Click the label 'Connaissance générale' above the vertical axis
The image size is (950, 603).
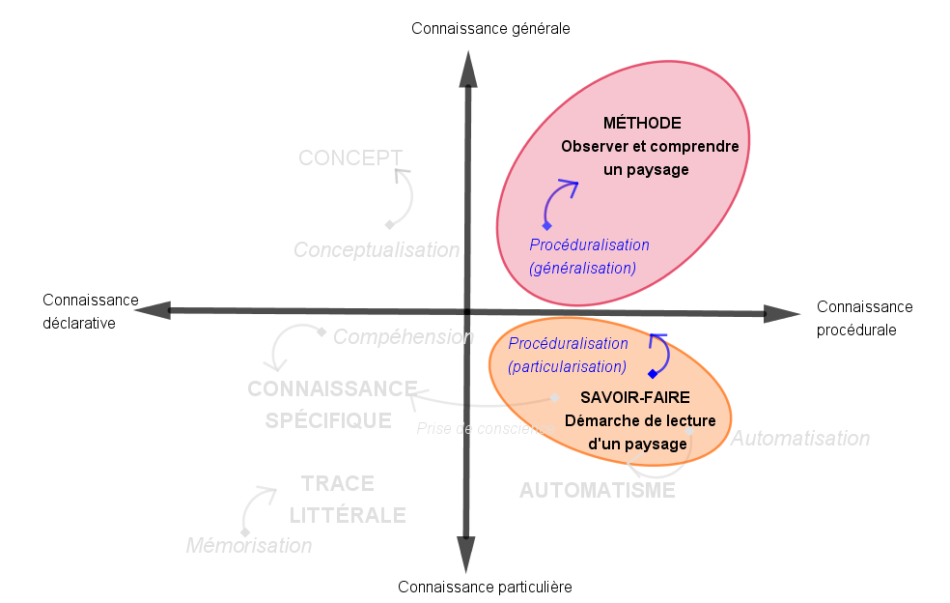[490, 28]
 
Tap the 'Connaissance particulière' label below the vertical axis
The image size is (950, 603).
[485, 587]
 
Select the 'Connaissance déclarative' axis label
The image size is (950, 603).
[91, 311]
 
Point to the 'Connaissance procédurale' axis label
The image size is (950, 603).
[864, 318]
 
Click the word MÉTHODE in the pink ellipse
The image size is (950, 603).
[642, 123]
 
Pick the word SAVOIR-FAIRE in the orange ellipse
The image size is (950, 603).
[635, 397]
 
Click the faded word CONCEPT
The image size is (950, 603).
[350, 158]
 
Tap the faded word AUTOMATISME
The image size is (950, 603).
[597, 490]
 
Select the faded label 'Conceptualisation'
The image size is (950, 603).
[377, 250]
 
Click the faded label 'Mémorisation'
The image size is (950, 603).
[249, 546]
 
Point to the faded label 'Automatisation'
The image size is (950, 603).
[800, 439]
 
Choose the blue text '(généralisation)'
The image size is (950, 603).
[583, 268]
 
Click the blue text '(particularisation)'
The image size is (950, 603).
[568, 366]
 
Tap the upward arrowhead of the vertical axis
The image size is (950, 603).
[468, 68]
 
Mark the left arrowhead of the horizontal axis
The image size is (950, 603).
[154, 310]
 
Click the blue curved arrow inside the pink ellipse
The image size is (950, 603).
[557, 201]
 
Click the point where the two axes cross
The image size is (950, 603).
[467, 311]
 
